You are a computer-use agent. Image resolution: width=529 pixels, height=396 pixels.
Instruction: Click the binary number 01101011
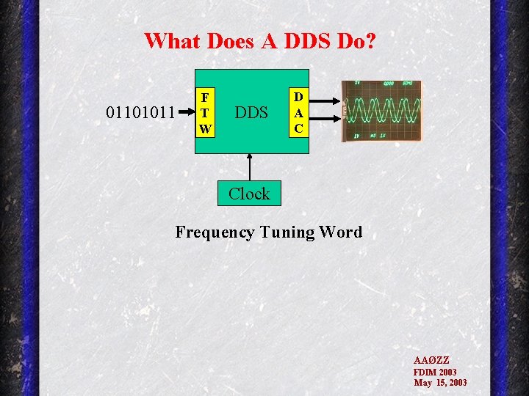(140, 113)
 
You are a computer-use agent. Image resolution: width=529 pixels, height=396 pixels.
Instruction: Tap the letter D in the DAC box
(298, 96)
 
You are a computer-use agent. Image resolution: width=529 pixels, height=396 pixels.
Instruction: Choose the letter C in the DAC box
(298, 128)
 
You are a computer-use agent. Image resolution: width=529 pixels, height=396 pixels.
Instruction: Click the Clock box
(249, 194)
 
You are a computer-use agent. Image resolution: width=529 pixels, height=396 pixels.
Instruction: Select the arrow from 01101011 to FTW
(186, 114)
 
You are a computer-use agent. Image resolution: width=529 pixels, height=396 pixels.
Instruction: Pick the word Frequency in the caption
(215, 232)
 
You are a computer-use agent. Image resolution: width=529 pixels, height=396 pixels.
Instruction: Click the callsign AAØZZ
(431, 361)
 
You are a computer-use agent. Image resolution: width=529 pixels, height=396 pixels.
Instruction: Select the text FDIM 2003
(435, 372)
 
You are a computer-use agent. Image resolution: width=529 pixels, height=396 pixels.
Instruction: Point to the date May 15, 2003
(440, 383)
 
